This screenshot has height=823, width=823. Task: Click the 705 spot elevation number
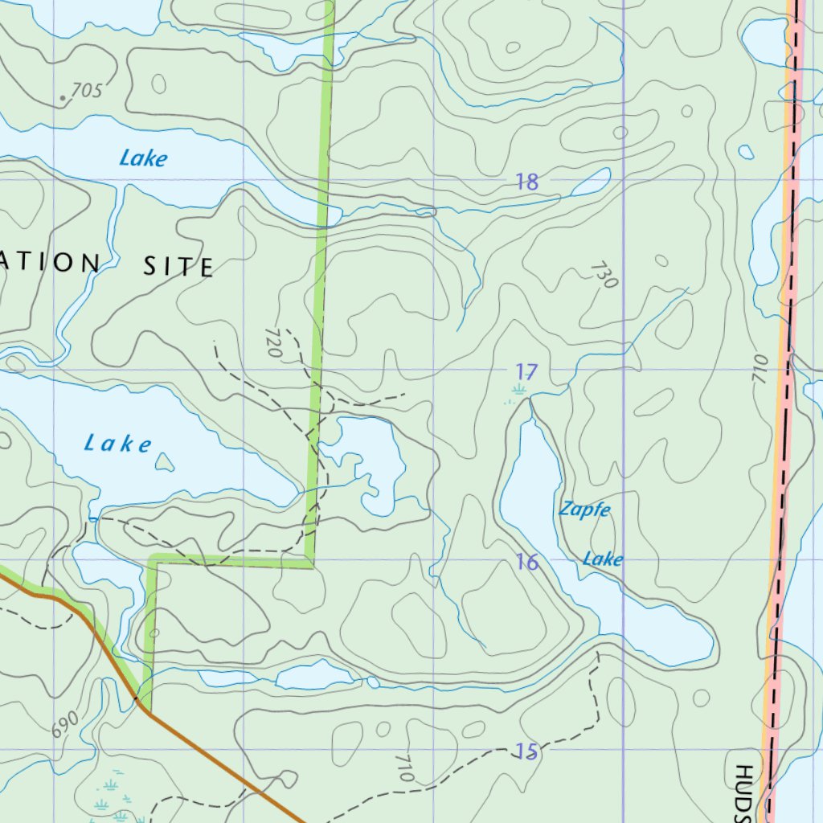click(x=87, y=91)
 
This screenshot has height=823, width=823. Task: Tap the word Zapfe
click(x=584, y=510)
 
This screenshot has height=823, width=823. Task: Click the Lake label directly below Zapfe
click(x=603, y=559)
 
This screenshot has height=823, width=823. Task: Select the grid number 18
click(x=526, y=182)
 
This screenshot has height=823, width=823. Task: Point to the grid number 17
click(x=526, y=371)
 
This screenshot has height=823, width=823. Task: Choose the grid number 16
click(x=527, y=562)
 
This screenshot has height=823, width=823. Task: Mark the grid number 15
click(x=526, y=751)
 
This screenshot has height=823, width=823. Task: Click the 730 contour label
click(x=605, y=275)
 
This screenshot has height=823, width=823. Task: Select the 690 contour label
click(x=65, y=723)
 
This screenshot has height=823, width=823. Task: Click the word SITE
click(x=178, y=266)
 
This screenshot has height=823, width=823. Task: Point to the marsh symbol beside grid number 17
click(x=517, y=391)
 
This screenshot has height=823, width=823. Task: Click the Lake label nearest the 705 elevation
click(x=143, y=158)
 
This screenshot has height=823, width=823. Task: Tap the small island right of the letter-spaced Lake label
click(x=165, y=461)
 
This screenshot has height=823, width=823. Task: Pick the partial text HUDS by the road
click(x=741, y=791)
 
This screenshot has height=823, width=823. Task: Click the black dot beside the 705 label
click(x=63, y=99)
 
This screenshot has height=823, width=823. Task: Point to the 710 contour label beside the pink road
click(x=761, y=367)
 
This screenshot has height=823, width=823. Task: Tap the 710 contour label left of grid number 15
click(x=404, y=768)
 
